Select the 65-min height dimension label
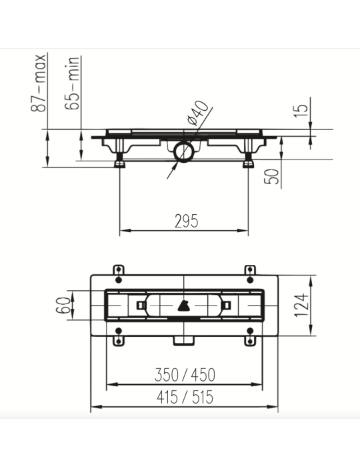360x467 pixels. pyautogui.click(x=75, y=83)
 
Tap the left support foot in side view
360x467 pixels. pyautogui.click(x=121, y=160)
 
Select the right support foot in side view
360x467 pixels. pyautogui.click(x=248, y=160)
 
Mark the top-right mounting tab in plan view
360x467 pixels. pyautogui.click(x=251, y=269)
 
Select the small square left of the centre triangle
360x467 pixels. pyautogui.click(x=141, y=306)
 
